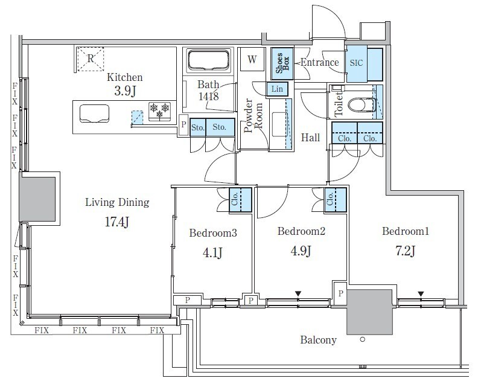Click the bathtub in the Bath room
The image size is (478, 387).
point(208,60)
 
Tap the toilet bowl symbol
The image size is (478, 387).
point(361,104)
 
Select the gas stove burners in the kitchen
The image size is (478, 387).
point(159,110)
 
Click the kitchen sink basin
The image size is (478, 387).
point(95,114)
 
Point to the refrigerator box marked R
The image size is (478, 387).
point(91,59)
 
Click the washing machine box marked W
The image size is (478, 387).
point(252,59)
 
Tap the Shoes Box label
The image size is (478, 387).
point(282,63)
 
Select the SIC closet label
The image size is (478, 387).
point(356,63)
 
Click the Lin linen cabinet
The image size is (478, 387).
point(277,89)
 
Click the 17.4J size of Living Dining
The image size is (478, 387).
point(116,222)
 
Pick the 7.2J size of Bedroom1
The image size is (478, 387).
point(405,251)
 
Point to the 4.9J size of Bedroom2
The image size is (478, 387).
point(301,251)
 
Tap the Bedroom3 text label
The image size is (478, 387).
point(213,233)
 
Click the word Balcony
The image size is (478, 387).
point(318,340)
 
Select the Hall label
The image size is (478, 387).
point(310,138)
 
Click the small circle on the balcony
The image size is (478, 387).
point(363,339)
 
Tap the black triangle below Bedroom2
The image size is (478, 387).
point(298,293)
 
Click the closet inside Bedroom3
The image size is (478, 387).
point(241,200)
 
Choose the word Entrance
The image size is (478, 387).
point(320,63)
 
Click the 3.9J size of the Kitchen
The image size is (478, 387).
point(125,91)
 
